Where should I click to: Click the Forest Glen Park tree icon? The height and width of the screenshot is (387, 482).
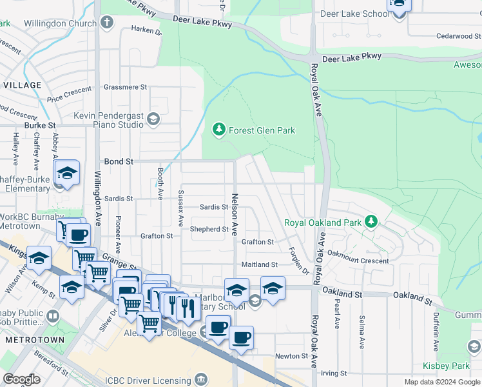pos(219,130)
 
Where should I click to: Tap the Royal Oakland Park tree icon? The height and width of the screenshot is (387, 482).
pos(371,223)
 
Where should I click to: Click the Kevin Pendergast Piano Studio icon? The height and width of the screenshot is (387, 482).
pos(153,119)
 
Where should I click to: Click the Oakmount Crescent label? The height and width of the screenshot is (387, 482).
pos(358,261)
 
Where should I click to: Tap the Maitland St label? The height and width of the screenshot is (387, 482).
pos(259,264)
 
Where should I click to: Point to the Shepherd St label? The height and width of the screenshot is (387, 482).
pos(209,229)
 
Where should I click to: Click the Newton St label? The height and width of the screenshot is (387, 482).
pos(291,356)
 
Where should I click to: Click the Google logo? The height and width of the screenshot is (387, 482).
pos(22,379)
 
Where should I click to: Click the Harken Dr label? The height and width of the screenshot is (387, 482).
pos(146,30)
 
